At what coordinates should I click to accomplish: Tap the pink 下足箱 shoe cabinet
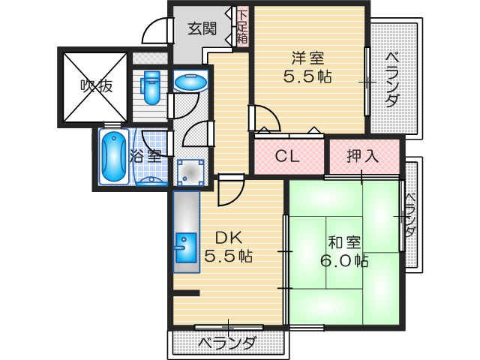point(241,27)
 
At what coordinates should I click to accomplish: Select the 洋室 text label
point(307,56)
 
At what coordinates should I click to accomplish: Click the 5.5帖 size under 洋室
point(309,76)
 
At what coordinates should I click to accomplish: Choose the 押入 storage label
point(362,157)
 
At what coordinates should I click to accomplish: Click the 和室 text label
point(344,241)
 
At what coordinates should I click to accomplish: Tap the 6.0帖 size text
point(345,261)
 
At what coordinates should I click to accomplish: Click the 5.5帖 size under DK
point(228,256)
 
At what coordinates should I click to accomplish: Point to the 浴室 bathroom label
point(145,156)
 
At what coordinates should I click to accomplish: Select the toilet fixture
point(151,86)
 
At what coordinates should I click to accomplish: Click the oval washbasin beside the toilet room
point(192,81)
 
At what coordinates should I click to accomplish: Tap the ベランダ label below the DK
point(227,343)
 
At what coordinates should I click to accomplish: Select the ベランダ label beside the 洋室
point(391,80)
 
